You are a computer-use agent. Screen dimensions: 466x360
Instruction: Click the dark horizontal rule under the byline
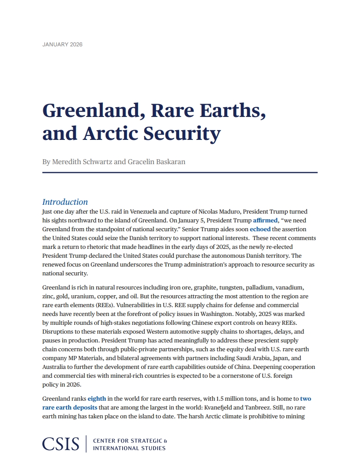point(180,173)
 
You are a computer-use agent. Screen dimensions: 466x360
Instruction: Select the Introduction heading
point(65,202)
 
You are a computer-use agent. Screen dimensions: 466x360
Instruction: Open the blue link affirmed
point(266,221)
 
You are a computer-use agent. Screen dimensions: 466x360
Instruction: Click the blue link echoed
point(260,229)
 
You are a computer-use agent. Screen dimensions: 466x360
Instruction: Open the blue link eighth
point(97,399)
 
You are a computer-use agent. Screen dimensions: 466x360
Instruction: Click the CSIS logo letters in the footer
point(61,444)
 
